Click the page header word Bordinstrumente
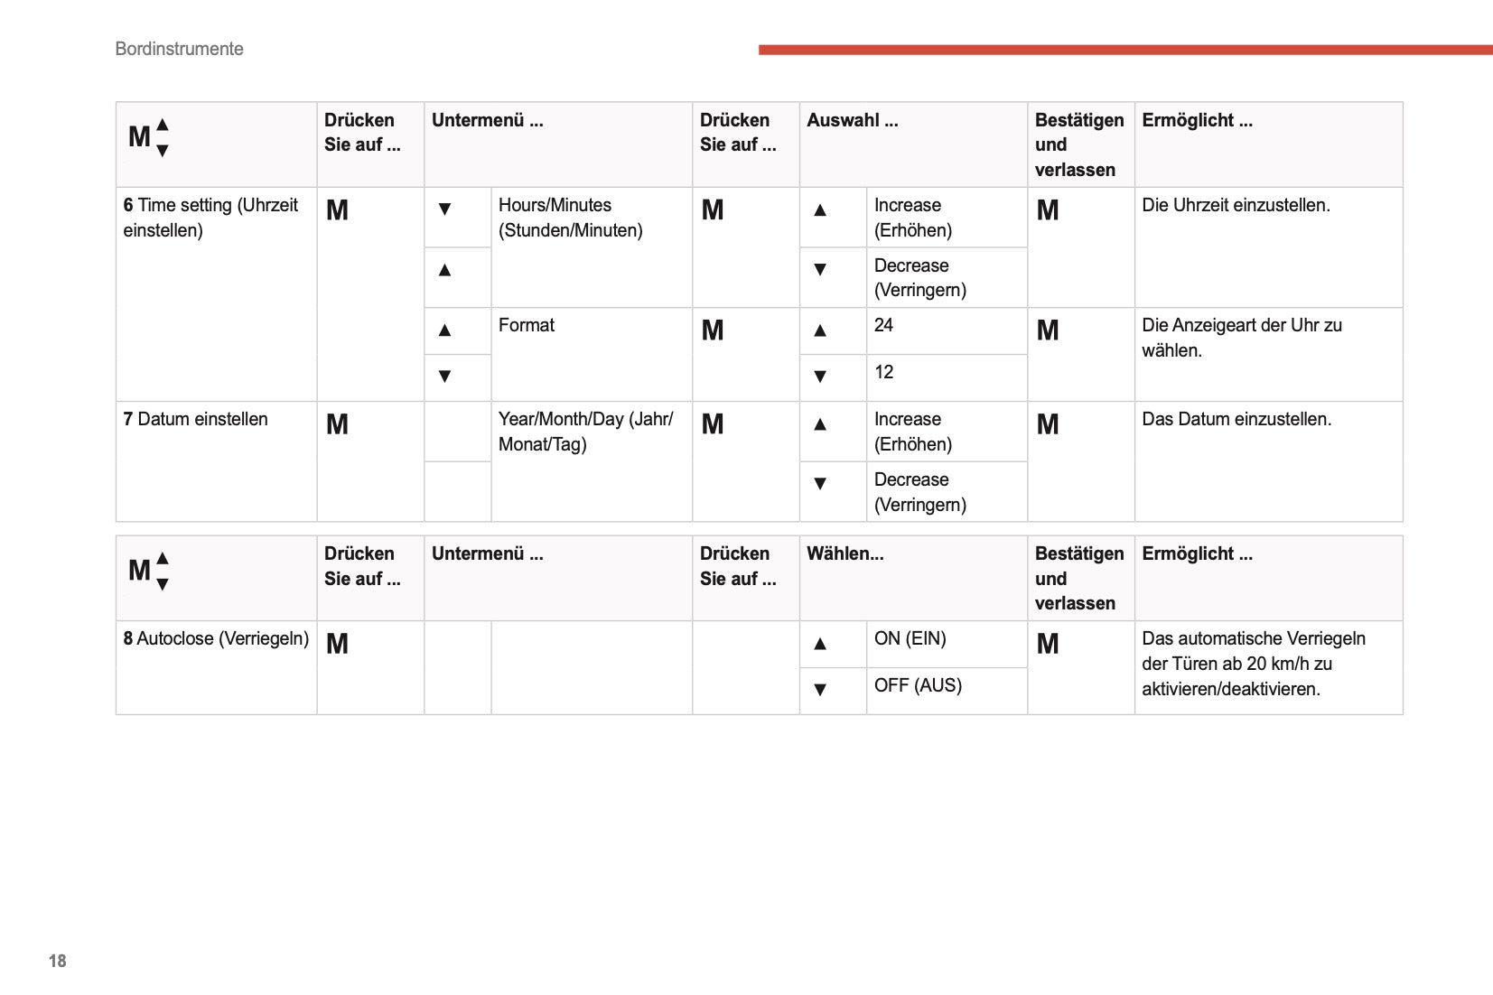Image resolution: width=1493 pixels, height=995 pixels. pyautogui.click(x=179, y=49)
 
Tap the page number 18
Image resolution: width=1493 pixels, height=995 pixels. pyautogui.click(x=58, y=961)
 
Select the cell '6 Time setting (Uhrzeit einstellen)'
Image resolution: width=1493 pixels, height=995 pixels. pyautogui.click(x=210, y=218)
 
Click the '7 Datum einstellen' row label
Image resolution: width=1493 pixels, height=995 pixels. pyautogui.click(x=196, y=419)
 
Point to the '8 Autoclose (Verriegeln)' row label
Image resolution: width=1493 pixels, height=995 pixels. pyautogui.click(x=216, y=638)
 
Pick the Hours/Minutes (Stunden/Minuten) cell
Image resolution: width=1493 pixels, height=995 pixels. pyautogui.click(x=570, y=218)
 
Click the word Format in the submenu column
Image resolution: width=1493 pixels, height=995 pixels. pyautogui.click(x=527, y=325)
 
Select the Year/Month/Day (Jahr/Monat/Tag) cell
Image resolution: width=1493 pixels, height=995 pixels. pyautogui.click(x=585, y=432)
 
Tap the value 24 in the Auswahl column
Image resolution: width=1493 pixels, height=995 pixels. pyautogui.click(x=883, y=325)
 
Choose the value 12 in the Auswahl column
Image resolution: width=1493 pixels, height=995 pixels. pyautogui.click(x=883, y=372)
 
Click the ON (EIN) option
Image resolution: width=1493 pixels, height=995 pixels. pyautogui.click(x=910, y=638)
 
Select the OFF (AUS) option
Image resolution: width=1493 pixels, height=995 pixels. pyautogui.click(x=918, y=685)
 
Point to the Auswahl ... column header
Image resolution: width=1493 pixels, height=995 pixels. pyautogui.click(x=852, y=120)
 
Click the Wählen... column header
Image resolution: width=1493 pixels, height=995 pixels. pyautogui.click(x=844, y=553)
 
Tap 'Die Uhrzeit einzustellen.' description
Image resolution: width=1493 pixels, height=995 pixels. pyautogui.click(x=1236, y=205)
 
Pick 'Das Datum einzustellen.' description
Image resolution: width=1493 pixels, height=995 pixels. pyautogui.click(x=1236, y=419)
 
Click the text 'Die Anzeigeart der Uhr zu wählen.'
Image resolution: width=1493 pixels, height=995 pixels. pyautogui.click(x=1242, y=338)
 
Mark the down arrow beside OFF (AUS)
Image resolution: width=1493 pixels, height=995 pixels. pyautogui.click(x=820, y=690)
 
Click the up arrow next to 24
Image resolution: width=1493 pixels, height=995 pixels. pyautogui.click(x=820, y=330)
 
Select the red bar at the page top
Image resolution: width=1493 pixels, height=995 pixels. pyautogui.click(x=1124, y=50)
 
